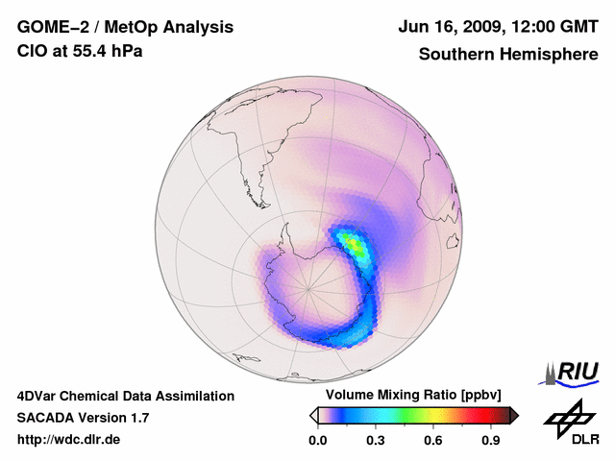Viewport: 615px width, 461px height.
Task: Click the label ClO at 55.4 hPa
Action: tap(80, 52)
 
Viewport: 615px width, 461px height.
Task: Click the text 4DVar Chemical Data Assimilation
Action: tap(126, 396)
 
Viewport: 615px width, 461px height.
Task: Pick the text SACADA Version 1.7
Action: tap(83, 418)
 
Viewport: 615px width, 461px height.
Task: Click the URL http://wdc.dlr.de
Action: tap(69, 440)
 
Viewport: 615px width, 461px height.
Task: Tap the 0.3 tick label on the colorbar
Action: tap(376, 441)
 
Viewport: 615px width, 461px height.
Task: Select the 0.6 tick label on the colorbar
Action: tap(433, 441)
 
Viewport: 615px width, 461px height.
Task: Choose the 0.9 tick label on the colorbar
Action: tap(491, 441)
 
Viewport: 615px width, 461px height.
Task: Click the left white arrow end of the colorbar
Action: tap(314, 415)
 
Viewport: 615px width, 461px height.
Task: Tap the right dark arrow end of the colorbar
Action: tap(514, 415)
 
